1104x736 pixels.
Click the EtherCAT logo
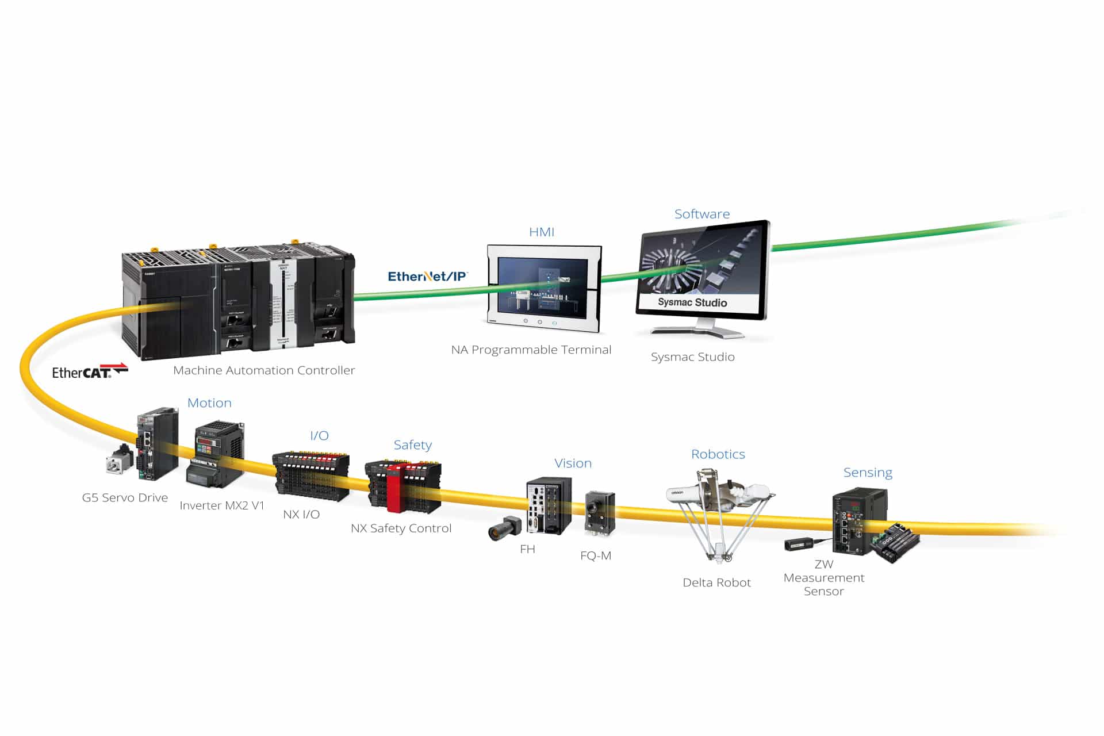(90, 371)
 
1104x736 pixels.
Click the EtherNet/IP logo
(427, 277)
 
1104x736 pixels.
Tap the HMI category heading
(542, 232)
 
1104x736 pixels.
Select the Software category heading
(701, 214)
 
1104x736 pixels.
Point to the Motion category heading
(209, 402)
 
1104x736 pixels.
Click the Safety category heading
(412, 444)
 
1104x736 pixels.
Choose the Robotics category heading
(718, 454)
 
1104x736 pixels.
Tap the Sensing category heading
(868, 472)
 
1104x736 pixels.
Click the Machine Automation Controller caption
(264, 370)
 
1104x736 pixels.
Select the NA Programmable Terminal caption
(531, 350)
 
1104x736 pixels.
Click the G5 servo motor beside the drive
(120, 459)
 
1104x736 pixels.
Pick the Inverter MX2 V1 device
(216, 454)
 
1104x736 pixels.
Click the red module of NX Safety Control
(394, 488)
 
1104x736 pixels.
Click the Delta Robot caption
(716, 582)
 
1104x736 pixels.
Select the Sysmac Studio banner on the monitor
(692, 302)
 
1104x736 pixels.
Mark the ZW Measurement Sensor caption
(823, 577)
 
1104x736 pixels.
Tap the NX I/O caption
(301, 514)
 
